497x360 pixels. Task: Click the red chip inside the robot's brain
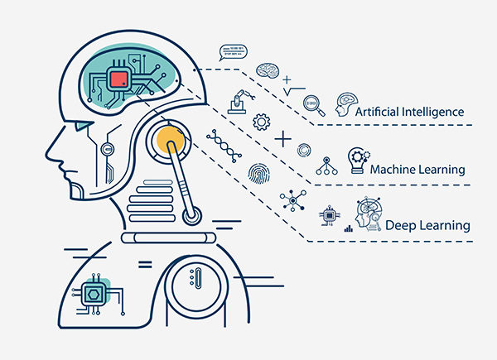pyautogui.click(x=119, y=79)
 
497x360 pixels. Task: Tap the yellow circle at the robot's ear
pyautogui.click(x=170, y=139)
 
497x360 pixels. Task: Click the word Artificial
pyautogui.click(x=377, y=112)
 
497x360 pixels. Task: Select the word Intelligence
pyautogui.click(x=432, y=113)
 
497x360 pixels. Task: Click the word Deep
pyautogui.click(x=398, y=226)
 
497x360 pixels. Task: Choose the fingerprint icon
pyautogui.click(x=259, y=174)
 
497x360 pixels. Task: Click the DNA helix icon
pyautogui.click(x=224, y=146)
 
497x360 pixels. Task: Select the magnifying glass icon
pyautogui.click(x=314, y=105)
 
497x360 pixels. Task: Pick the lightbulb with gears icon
pyautogui.click(x=359, y=161)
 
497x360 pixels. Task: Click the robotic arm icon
pyautogui.click(x=241, y=102)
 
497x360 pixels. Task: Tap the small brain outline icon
pyautogui.click(x=268, y=70)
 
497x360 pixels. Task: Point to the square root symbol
pyautogui.click(x=294, y=92)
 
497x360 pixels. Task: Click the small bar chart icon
pyautogui.click(x=349, y=228)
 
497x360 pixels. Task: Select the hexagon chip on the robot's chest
pyautogui.click(x=93, y=295)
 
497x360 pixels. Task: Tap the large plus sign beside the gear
pyautogui.click(x=282, y=139)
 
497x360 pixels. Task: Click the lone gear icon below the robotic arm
pyautogui.click(x=262, y=122)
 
